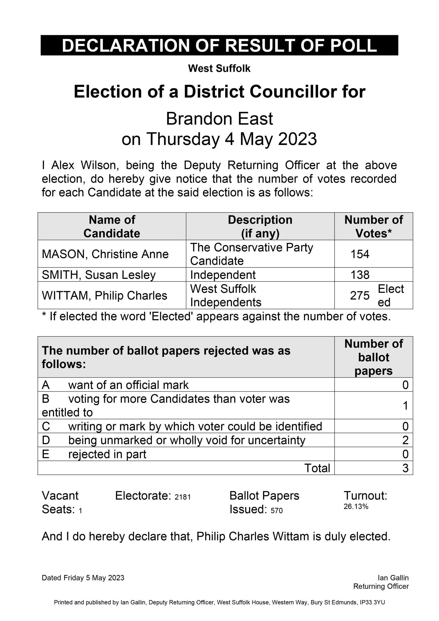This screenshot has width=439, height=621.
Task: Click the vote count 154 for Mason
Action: pyautogui.click(x=360, y=254)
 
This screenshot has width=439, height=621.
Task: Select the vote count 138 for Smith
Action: pyautogui.click(x=360, y=275)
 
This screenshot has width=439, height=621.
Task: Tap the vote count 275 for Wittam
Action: pyautogui.click(x=359, y=296)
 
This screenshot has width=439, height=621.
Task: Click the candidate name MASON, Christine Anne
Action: pyautogui.click(x=105, y=254)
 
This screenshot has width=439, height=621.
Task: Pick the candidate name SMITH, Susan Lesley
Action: pyautogui.click(x=98, y=275)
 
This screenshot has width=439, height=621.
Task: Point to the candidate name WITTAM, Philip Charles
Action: pyautogui.click(x=104, y=296)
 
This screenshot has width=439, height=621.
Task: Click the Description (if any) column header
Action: pyautogui.click(x=260, y=226)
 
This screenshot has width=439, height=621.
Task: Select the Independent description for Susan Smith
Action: pyautogui.click(x=223, y=275)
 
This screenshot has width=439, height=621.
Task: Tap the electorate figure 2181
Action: pyautogui.click(x=183, y=497)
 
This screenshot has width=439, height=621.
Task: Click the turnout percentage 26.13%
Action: pyautogui.click(x=356, y=506)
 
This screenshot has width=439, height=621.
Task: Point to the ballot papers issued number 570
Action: pyautogui.click(x=276, y=511)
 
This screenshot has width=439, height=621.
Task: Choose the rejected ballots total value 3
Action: pyautogui.click(x=405, y=468)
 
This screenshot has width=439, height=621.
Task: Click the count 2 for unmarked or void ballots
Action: pyautogui.click(x=405, y=440)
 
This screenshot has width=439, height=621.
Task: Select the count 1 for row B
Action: pyautogui.click(x=405, y=405)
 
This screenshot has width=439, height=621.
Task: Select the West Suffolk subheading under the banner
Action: pyautogui.click(x=219, y=68)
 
